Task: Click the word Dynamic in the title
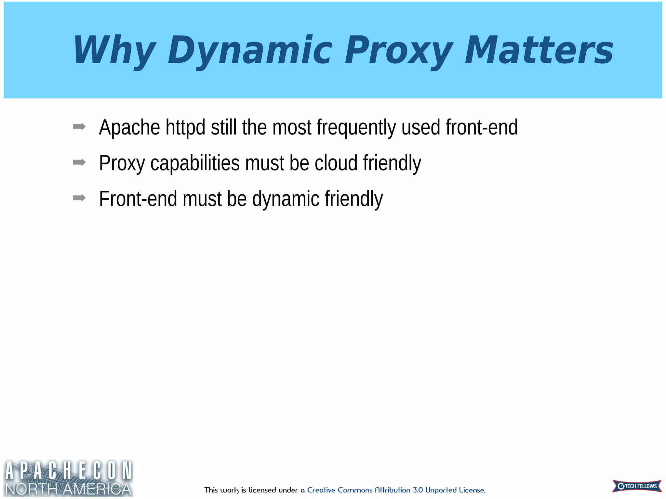[249, 50]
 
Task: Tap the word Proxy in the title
[399, 50]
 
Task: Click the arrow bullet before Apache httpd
[79, 127]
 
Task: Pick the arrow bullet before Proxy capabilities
[79, 162]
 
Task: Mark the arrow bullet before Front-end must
[79, 198]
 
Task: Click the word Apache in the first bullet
[129, 127]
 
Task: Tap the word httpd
[185, 127]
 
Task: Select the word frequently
[356, 127]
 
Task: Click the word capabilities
[195, 163]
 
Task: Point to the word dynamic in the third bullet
[286, 199]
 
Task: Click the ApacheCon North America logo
[68, 478]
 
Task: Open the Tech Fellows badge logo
[637, 486]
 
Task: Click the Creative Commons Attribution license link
[396, 490]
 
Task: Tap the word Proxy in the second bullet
[122, 163]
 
